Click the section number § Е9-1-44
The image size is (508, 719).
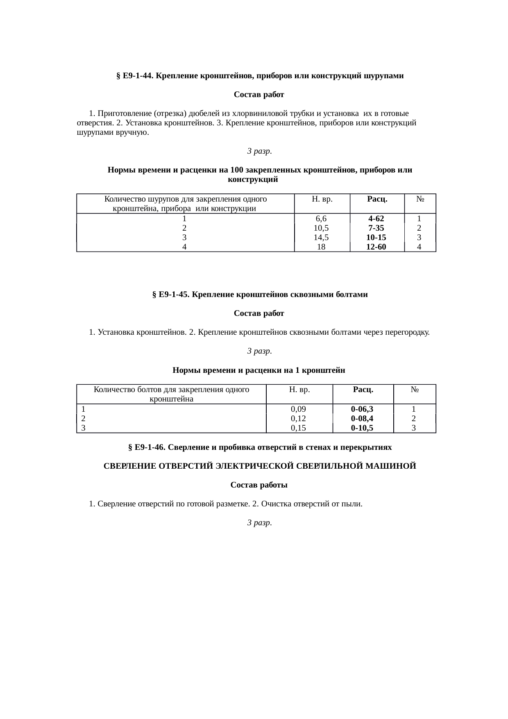tap(135, 76)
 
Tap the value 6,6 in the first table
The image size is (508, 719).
tap(321, 219)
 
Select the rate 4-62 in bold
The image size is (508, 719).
tap(376, 219)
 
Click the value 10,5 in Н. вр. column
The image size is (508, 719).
tap(321, 228)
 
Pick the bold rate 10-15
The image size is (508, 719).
tap(376, 238)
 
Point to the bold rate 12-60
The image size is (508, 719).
tap(376, 247)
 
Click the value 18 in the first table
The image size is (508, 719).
tap(321, 247)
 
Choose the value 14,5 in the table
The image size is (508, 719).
tap(321, 238)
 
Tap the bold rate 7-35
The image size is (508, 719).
tap(376, 228)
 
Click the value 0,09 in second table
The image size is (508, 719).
tap(299, 409)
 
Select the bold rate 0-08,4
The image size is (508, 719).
tap(362, 418)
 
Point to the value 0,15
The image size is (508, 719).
tap(299, 428)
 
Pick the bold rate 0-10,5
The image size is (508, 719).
tap(362, 428)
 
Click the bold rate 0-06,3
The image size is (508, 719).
tap(362, 409)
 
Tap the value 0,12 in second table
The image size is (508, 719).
tap(299, 418)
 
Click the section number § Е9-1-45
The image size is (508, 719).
tap(171, 295)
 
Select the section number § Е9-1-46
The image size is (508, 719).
tap(147, 447)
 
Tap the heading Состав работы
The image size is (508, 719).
tap(259, 485)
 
